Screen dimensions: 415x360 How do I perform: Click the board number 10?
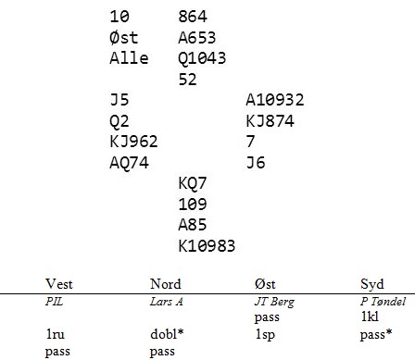(119, 17)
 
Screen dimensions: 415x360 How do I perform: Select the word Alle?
(129, 58)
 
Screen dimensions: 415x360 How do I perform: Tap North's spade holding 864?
(193, 17)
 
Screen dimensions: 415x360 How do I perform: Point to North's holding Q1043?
(202, 58)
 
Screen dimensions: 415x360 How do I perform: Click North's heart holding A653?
(197, 38)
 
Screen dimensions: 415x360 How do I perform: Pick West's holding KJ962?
(133, 142)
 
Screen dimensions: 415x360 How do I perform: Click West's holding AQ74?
(129, 163)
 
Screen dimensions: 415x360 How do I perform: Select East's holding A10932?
(275, 100)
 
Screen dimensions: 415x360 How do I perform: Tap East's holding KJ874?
(270, 121)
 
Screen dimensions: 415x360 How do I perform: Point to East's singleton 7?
(250, 142)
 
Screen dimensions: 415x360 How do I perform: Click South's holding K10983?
(207, 246)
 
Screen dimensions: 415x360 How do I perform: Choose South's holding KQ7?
(192, 183)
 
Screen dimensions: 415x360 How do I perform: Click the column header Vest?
(59, 284)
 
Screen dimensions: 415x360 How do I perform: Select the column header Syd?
(372, 284)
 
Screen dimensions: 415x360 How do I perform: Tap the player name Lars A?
(167, 302)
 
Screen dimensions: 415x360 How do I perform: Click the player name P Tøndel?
(383, 302)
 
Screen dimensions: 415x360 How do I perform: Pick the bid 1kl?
(370, 317)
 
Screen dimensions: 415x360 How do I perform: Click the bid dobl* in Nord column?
(167, 334)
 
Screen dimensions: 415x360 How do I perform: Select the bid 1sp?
(265, 335)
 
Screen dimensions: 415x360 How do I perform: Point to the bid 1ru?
(56, 334)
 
